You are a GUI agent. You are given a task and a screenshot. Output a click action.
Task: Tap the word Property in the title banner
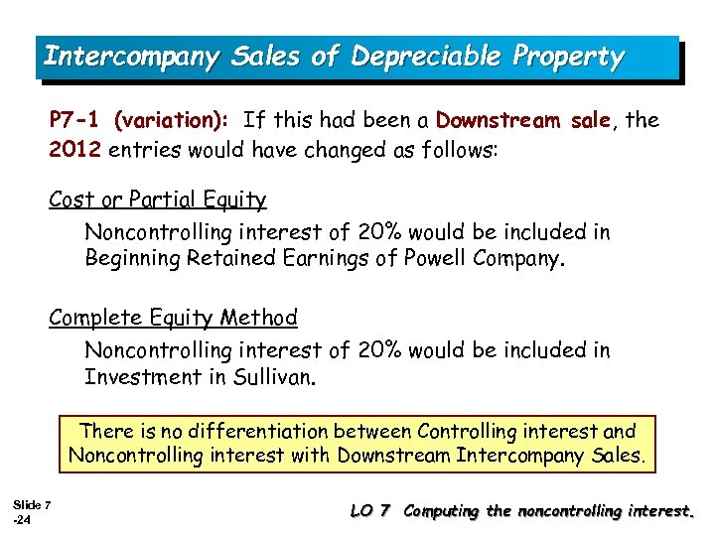(567, 57)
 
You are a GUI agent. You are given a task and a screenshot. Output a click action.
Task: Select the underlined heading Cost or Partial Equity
(158, 200)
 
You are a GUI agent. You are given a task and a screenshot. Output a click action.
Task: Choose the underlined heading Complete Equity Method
(173, 318)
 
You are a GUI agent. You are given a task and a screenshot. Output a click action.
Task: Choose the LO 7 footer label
(373, 511)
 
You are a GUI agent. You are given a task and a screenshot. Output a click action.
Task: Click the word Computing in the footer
(445, 511)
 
